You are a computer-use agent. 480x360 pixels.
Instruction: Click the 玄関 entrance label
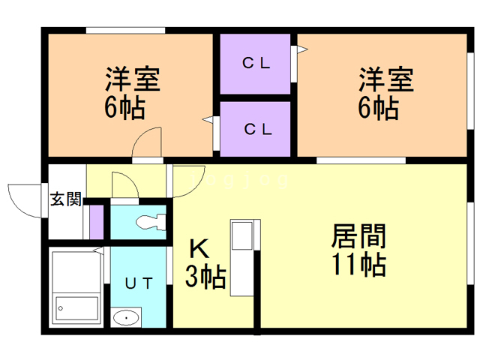coord(65,199)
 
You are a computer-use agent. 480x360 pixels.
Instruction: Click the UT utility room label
coord(139,283)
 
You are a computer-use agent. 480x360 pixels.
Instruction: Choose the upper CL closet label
coord(256,64)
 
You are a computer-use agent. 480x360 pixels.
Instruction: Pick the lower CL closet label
coord(256,128)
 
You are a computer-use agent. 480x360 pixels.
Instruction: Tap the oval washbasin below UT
coord(126,318)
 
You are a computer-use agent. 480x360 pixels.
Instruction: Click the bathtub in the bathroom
coord(76,307)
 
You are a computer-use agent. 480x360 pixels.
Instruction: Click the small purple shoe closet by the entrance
coord(96,220)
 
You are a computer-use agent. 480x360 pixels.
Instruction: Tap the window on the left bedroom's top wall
coord(124,30)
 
